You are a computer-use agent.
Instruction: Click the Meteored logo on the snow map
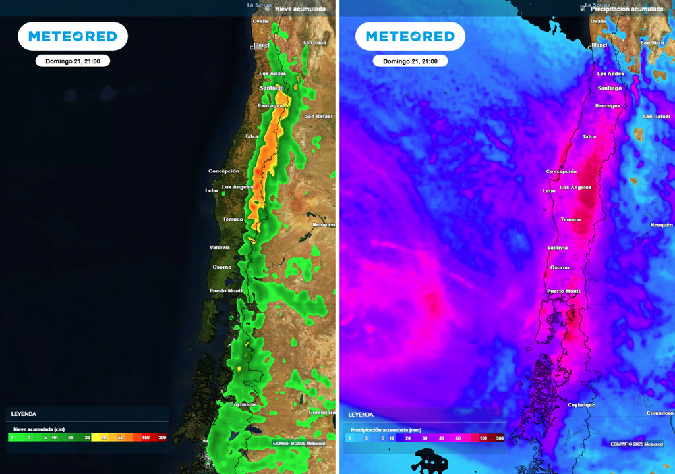point(73,36)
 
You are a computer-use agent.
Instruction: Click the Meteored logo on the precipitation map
point(410,36)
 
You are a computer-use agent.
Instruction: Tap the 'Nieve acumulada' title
point(300,9)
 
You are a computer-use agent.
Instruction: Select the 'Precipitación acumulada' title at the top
point(626,9)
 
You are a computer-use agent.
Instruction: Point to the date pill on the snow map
point(73,61)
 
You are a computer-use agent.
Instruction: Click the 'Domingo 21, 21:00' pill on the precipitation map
point(410,61)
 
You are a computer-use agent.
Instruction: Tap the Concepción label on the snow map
point(223,171)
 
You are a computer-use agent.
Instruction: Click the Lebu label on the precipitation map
point(549,191)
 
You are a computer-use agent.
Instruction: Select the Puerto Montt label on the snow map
point(226,290)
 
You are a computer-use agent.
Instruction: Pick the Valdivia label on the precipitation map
point(557,248)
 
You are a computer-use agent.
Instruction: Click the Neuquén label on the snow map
point(324,224)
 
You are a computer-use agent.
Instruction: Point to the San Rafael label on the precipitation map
point(657,117)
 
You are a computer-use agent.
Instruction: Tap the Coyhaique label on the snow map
point(243,404)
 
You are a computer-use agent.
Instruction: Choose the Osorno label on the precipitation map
point(560,267)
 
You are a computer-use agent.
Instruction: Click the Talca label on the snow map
point(252,136)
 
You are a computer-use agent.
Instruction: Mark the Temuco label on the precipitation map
point(570,219)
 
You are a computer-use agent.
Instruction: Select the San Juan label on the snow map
point(314,43)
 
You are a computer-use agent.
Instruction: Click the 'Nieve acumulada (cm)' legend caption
point(39,429)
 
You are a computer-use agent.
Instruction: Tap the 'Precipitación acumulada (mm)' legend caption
point(386,429)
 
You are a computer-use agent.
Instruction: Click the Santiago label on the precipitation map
point(609,88)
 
